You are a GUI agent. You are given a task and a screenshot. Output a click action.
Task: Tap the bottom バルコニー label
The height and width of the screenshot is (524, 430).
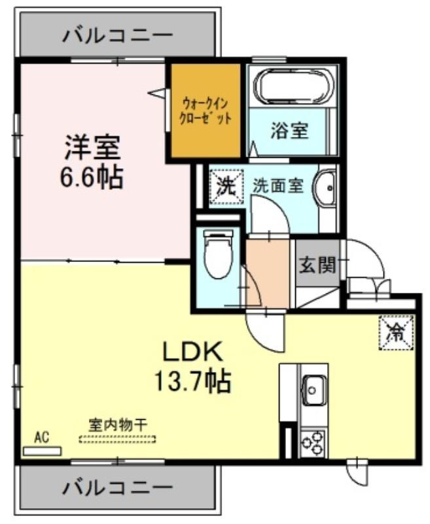pyautogui.click(x=118, y=489)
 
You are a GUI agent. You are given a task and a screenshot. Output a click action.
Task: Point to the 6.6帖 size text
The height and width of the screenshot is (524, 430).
pyautogui.click(x=92, y=176)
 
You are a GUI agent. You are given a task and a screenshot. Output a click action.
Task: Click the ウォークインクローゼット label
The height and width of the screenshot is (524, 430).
pyautogui.click(x=206, y=111)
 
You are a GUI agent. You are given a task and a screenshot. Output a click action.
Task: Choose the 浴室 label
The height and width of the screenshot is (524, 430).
pyautogui.click(x=289, y=130)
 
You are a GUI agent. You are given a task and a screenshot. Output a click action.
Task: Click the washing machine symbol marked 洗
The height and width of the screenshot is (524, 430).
pyautogui.click(x=226, y=187)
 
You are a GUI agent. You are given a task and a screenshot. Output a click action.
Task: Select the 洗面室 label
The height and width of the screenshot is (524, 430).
pyautogui.click(x=278, y=186)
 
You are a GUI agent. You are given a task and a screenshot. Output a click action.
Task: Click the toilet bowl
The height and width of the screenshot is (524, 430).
pyautogui.click(x=218, y=256)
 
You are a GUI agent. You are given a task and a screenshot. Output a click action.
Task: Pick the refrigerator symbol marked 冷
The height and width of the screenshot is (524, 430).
pyautogui.click(x=396, y=332)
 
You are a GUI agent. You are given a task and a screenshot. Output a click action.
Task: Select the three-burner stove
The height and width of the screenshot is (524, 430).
pyautogui.click(x=314, y=443)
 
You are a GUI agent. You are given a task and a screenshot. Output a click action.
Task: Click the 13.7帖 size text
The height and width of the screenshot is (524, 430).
pyautogui.click(x=192, y=381)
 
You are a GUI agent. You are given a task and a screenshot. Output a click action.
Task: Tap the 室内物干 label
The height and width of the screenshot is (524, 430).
pyautogui.click(x=118, y=425)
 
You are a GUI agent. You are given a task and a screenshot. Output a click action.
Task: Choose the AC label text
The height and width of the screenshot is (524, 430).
pyautogui.click(x=42, y=438)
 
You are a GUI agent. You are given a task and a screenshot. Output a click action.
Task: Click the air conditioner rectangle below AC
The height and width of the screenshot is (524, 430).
pyautogui.click(x=42, y=451)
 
